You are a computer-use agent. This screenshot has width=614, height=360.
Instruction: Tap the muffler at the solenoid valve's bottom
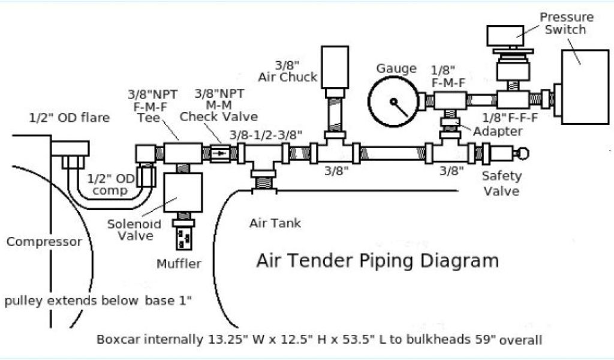point(185,236)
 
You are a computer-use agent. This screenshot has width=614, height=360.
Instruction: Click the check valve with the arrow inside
point(222,153)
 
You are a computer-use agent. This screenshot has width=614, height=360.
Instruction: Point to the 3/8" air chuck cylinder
point(335,67)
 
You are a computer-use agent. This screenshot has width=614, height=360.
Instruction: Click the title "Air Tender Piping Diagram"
point(377,260)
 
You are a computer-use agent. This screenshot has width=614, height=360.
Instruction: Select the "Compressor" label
point(44,242)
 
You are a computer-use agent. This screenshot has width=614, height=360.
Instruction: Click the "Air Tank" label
point(275,224)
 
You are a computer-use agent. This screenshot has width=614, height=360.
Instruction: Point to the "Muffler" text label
point(179,264)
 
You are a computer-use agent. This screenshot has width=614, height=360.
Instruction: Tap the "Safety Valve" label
point(502,184)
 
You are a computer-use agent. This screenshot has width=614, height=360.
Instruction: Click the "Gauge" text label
point(396,68)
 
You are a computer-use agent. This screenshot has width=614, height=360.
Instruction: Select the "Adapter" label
point(497,131)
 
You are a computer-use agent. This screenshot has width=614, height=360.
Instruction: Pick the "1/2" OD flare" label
point(70,118)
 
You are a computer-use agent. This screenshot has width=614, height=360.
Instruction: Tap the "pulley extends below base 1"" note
point(98,301)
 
